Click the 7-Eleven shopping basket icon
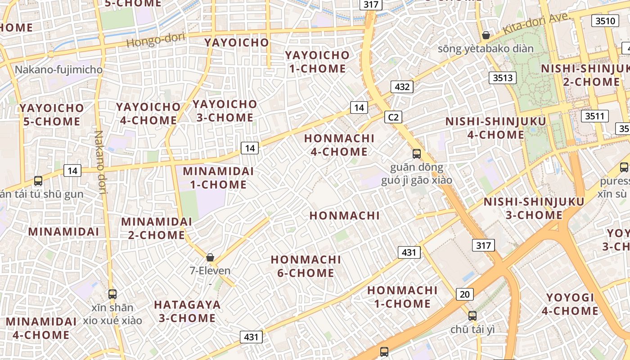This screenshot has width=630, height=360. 210,257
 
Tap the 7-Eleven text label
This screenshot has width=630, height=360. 210,271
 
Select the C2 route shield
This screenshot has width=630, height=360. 393,117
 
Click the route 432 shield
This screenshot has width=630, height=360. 402,87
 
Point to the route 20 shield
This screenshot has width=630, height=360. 464,294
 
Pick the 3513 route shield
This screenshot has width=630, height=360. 503,78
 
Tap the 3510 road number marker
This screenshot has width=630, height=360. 605,21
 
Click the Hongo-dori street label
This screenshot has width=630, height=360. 156,40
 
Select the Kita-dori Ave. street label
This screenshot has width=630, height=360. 536,23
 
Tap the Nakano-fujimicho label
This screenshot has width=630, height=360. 58,70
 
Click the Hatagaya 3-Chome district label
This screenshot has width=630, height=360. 187,311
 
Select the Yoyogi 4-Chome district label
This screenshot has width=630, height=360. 570,304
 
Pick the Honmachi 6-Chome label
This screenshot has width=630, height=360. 306,266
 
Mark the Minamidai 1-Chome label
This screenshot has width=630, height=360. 218,178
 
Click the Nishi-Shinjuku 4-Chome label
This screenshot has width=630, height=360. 495,128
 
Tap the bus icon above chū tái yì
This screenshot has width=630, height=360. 472,316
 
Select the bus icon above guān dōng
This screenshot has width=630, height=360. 417,154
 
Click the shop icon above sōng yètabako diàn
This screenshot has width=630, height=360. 486,35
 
